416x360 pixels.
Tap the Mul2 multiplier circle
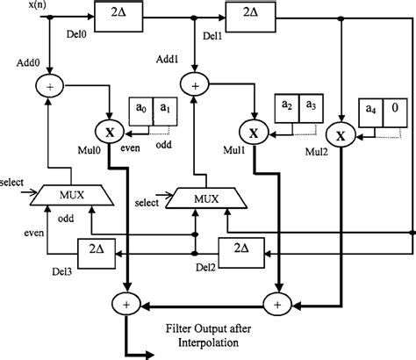point(339,135)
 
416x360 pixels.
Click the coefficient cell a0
point(140,109)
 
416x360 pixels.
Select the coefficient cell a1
point(164,109)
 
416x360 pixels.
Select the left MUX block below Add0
point(72,195)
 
